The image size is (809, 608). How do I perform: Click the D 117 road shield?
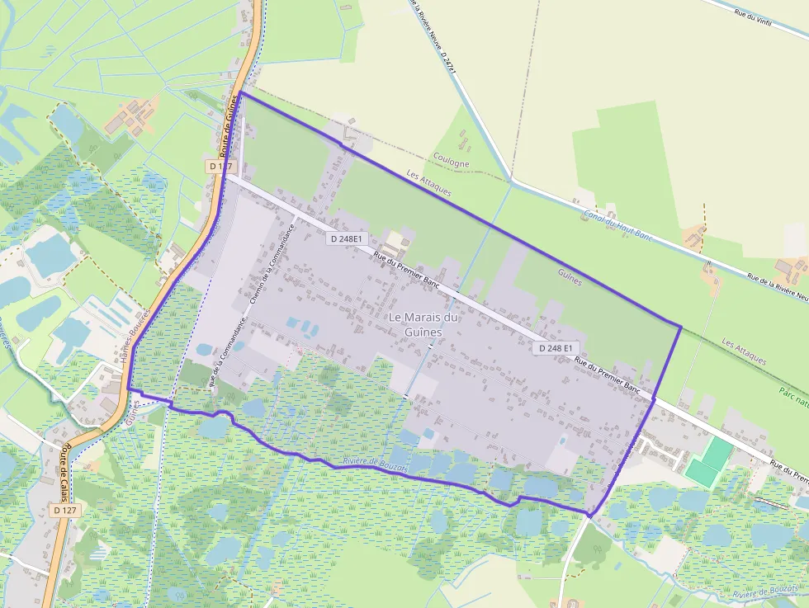click(218, 166)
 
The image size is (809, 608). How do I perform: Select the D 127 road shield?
click(66, 511)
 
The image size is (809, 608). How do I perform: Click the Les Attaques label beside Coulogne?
click(429, 183)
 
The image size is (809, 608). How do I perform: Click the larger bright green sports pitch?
click(716, 450)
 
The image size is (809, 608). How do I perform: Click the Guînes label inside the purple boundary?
click(570, 276)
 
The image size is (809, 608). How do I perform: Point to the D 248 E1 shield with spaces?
click(556, 348)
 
